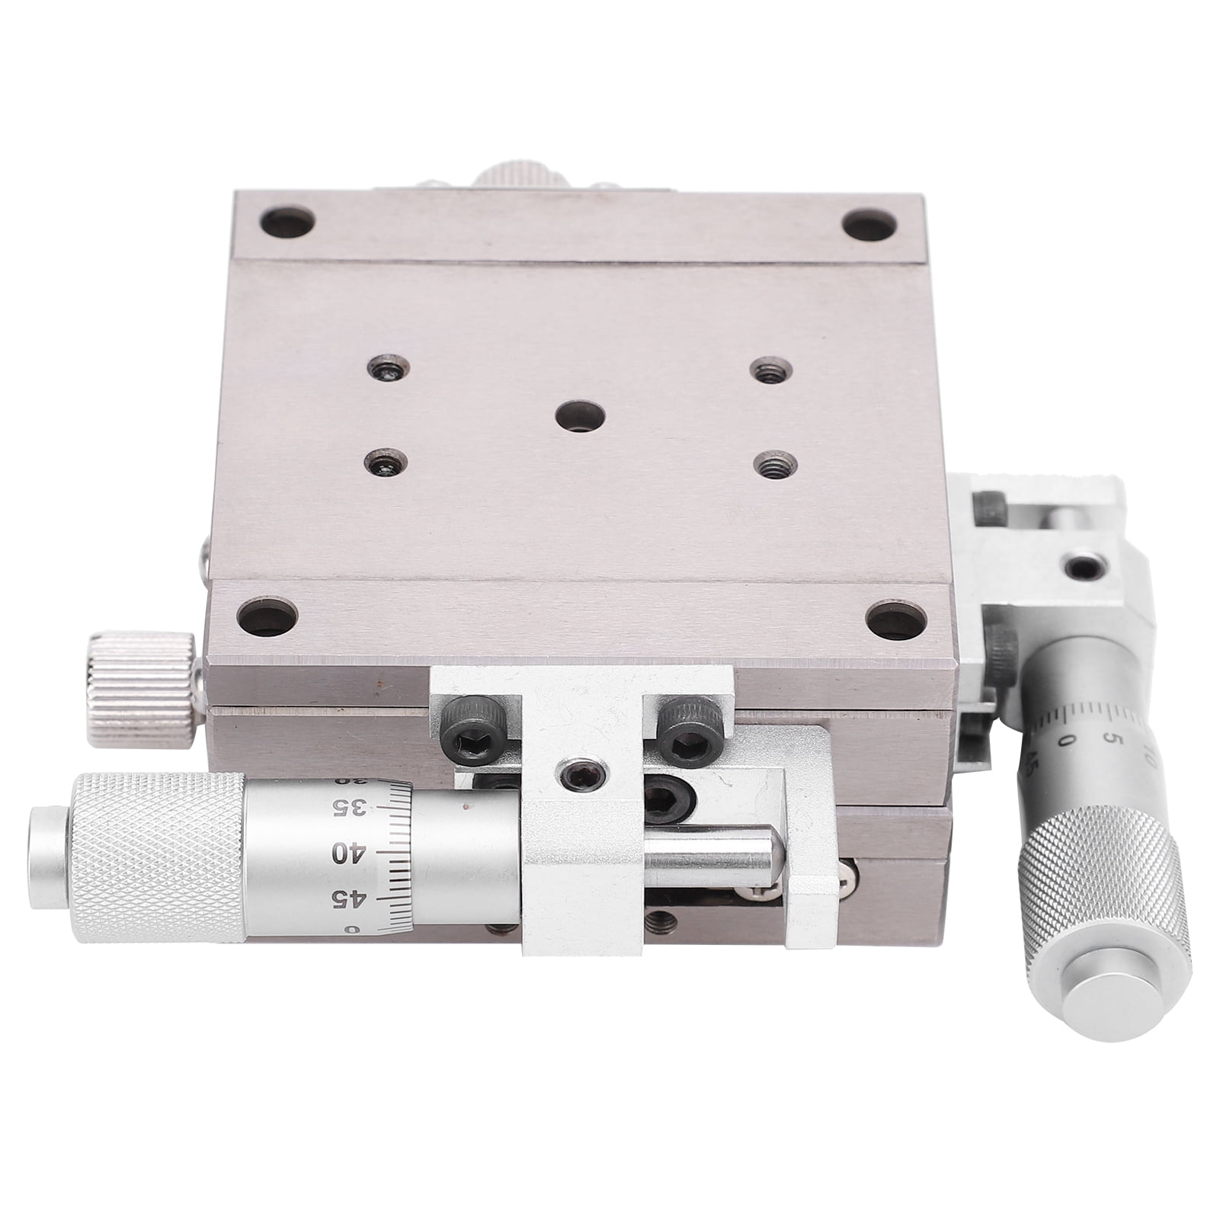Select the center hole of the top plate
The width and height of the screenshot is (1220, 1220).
[x=580, y=416]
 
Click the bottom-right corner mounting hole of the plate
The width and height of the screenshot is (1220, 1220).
[x=896, y=618]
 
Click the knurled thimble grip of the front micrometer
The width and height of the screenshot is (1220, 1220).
[x=158, y=857]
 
